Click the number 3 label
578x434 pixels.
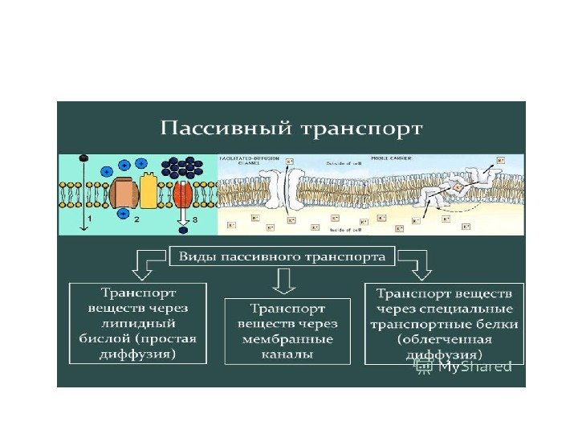tap(193, 219)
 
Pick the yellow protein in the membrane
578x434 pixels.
tap(149, 190)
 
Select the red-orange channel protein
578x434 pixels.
tap(182, 194)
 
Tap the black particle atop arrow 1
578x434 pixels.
tap(82, 158)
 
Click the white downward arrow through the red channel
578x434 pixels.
tap(183, 207)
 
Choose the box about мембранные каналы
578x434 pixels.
tap(287, 330)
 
